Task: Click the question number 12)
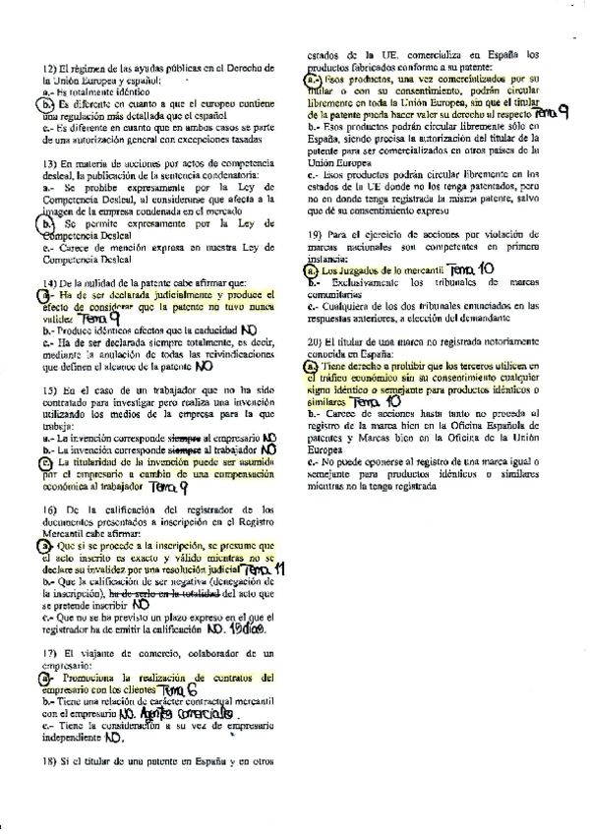click(49, 67)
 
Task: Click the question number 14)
click(49, 283)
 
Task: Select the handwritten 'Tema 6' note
click(176, 691)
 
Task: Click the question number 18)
click(49, 761)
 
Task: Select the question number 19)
click(316, 234)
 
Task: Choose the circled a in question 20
click(312, 365)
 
